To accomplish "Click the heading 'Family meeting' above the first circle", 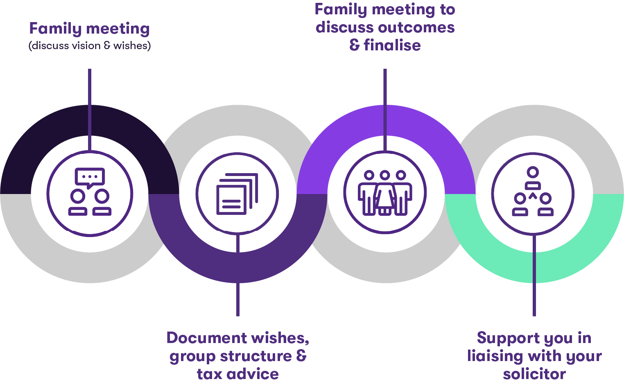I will [x=89, y=29].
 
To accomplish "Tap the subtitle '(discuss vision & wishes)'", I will [x=90, y=45].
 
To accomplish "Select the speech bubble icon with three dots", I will [x=90, y=177].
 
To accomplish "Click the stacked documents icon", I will [x=237, y=194].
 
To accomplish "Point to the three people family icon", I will [x=384, y=193].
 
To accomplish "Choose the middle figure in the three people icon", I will [x=384, y=192].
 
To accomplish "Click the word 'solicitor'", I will [x=534, y=374].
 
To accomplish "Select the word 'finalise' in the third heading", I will [x=392, y=45].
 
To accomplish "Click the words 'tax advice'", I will [x=237, y=374].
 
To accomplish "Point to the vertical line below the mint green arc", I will [x=534, y=299].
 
